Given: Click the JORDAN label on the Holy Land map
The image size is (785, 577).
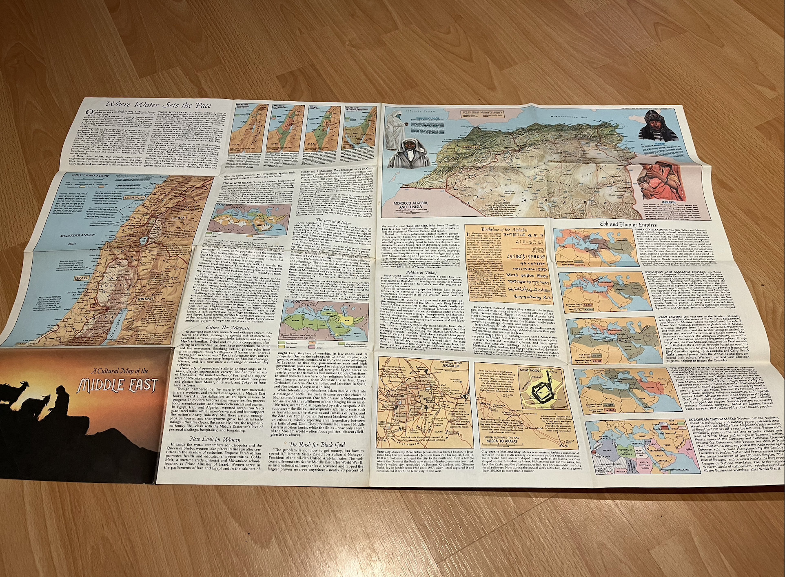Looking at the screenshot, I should [x=145, y=299].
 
